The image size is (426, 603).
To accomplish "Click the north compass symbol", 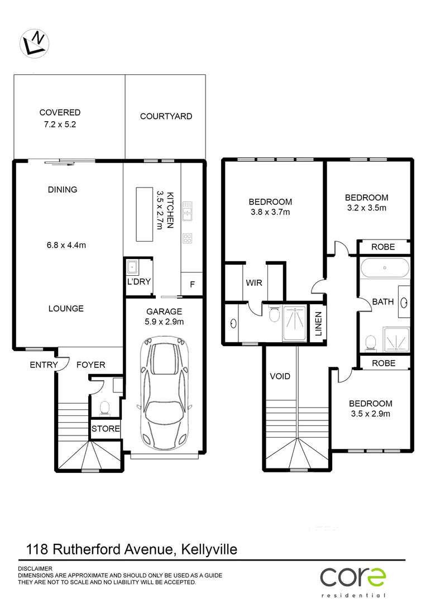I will [x=34, y=42].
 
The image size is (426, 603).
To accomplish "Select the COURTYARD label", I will [x=166, y=116].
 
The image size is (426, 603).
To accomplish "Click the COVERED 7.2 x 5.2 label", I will [x=60, y=118].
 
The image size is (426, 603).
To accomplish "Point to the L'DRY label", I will [x=138, y=283].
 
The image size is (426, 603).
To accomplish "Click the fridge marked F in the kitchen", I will [x=193, y=284].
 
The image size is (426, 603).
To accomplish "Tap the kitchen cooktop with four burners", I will [x=188, y=238].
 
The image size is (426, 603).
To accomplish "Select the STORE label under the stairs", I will [x=106, y=429].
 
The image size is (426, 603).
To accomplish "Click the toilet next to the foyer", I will [x=104, y=409].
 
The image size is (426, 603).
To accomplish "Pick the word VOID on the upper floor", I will [x=280, y=376].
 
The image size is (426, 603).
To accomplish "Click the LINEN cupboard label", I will [x=319, y=323].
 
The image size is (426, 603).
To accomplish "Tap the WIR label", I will [x=254, y=283].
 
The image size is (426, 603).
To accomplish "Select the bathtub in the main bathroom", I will [x=385, y=269].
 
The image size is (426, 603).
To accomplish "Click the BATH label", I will [x=383, y=302].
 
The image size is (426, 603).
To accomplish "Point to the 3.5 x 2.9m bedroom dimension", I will [x=371, y=414].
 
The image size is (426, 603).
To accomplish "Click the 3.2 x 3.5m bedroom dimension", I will [x=366, y=208].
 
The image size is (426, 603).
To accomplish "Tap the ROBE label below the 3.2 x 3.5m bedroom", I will [x=383, y=247].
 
